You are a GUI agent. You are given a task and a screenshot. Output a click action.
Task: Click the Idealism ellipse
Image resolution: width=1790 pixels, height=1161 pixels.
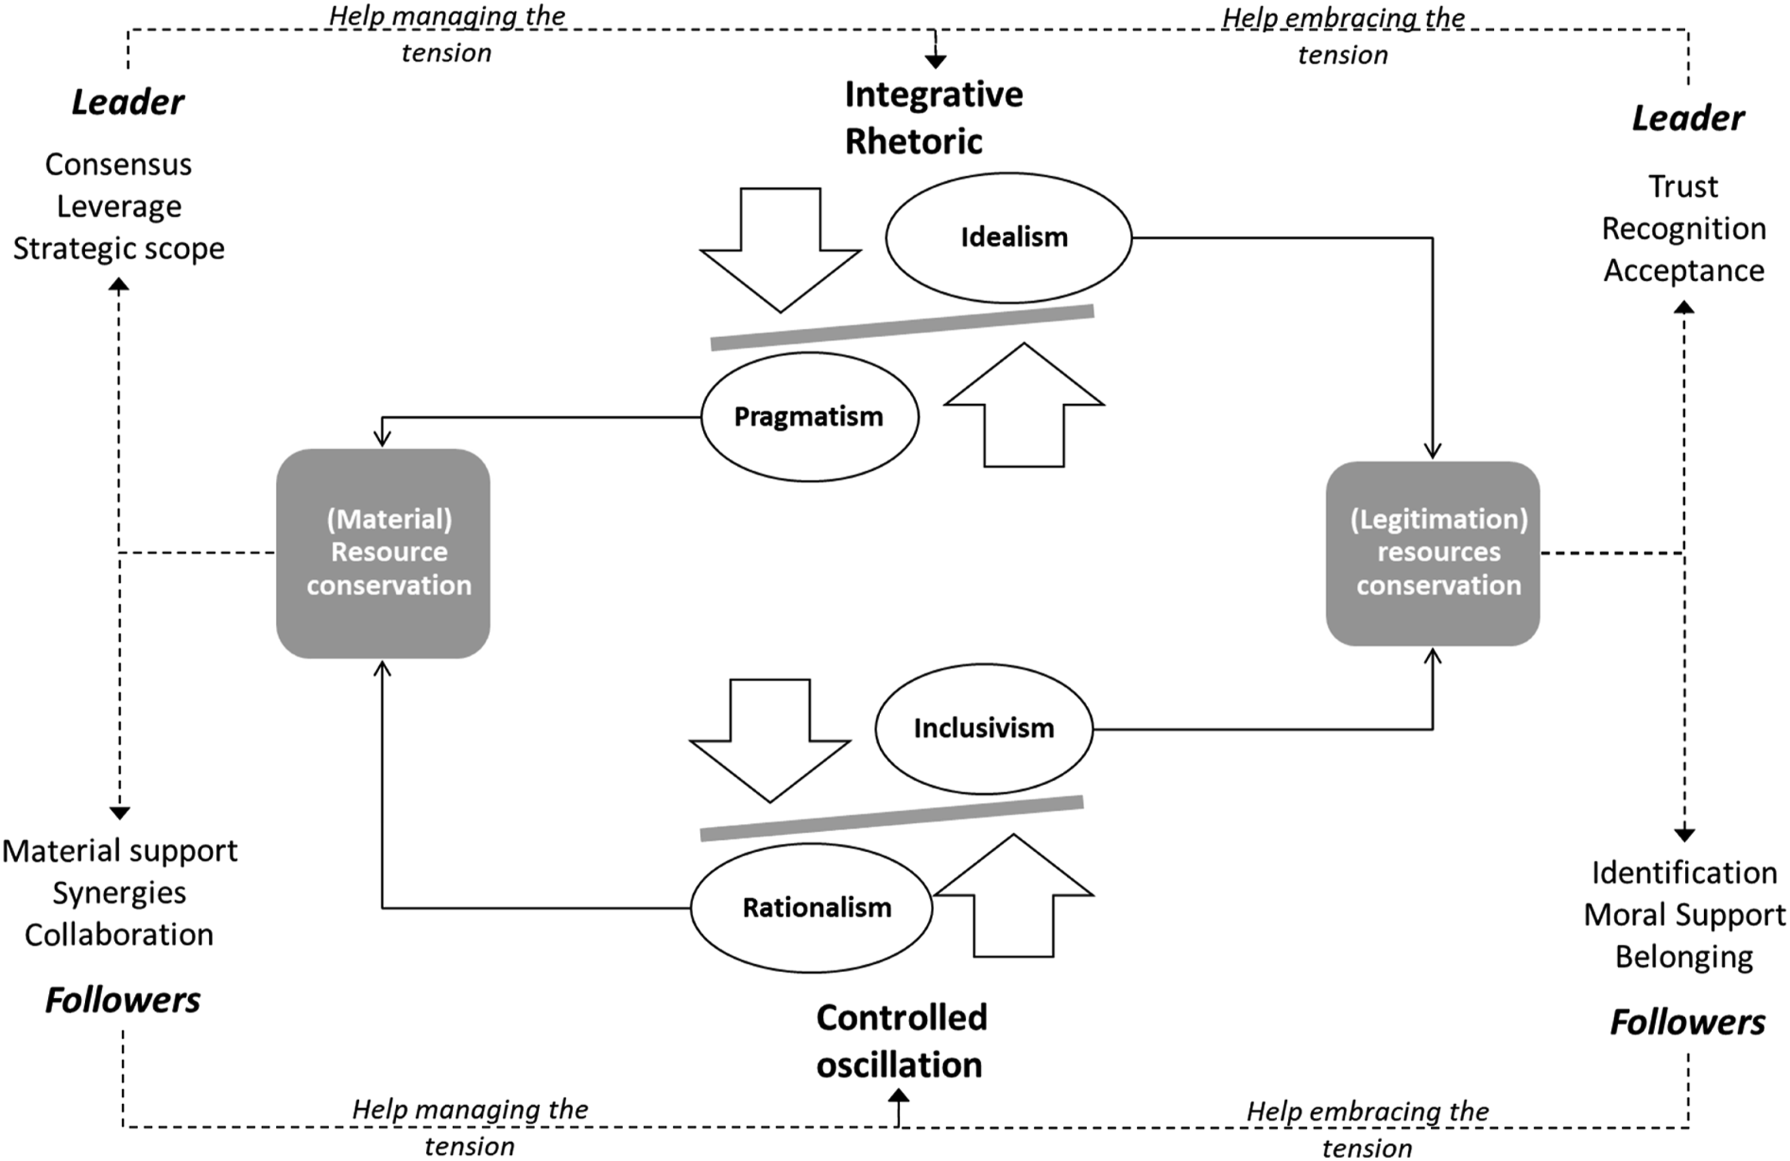[1009, 238]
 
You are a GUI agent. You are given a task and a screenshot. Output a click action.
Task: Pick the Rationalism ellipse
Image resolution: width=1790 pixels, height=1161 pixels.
[811, 907]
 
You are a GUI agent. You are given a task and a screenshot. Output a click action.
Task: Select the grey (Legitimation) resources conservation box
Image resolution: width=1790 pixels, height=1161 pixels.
[1433, 553]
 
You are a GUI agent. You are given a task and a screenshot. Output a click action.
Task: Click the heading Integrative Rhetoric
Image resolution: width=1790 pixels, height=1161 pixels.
[933, 117]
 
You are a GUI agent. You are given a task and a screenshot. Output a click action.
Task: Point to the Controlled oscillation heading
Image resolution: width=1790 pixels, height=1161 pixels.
[902, 1042]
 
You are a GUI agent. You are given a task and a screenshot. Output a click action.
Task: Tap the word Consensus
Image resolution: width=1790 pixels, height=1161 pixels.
[118, 164]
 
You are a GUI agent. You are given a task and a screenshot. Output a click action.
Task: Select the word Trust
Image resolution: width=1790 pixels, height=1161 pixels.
[1683, 186]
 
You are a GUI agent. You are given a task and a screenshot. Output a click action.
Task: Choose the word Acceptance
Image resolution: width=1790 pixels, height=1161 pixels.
[1684, 271]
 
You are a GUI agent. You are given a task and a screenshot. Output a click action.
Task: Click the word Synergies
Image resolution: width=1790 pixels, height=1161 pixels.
[119, 893]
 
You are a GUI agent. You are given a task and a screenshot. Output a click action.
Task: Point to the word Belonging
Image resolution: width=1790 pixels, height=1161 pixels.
[1684, 957]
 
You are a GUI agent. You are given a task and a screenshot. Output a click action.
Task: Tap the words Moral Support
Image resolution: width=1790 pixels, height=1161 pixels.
[1684, 915]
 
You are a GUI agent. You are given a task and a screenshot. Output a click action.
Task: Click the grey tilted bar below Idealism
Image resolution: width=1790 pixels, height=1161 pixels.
[902, 327]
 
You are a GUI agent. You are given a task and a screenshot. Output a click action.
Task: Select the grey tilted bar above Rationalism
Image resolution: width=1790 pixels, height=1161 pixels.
[891, 818]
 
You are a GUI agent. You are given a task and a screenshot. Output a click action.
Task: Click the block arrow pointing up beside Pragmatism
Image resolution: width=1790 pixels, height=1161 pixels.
[1024, 405]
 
